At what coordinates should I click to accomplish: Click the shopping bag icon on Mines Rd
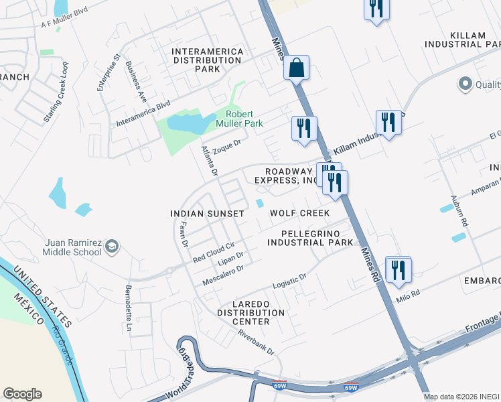point(296,68)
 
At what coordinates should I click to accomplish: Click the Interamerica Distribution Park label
point(206,60)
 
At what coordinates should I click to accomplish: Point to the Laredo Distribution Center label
point(250,312)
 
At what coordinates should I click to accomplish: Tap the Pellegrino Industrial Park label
point(310,237)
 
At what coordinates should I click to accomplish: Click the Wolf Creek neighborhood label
point(299,213)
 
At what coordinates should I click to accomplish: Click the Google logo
point(22,394)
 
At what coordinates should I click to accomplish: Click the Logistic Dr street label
point(289,281)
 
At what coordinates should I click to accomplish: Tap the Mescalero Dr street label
point(224,273)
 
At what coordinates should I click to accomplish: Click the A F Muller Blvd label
point(65,17)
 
